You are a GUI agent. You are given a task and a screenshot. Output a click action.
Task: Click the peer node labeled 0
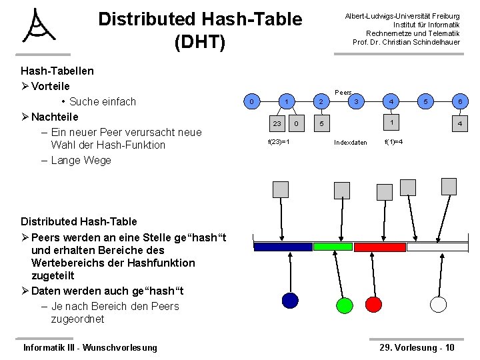251,101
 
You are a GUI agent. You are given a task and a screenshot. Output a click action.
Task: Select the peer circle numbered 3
357,101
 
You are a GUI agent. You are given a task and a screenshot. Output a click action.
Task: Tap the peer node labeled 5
425,101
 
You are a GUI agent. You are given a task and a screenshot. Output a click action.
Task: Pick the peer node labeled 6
459,101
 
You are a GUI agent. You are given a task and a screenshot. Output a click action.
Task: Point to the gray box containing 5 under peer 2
321,123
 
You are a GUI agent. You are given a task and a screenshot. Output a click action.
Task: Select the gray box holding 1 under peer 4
392,123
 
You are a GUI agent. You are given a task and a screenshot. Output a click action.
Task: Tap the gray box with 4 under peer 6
459,123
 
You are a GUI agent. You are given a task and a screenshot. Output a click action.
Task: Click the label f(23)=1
278,141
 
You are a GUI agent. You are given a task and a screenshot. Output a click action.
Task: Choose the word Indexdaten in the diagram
350,142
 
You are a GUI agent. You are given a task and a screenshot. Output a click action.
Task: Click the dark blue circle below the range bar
290,301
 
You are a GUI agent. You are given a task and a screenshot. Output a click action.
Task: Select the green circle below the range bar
344,305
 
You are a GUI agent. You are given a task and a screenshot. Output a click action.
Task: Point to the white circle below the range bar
438,304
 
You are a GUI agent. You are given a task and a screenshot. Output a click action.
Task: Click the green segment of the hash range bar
333,247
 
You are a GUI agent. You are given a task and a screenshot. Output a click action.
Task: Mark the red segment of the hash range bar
379,247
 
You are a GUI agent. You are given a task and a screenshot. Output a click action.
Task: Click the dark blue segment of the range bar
283,247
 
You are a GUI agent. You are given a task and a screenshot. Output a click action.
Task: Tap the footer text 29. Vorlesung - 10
417,347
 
